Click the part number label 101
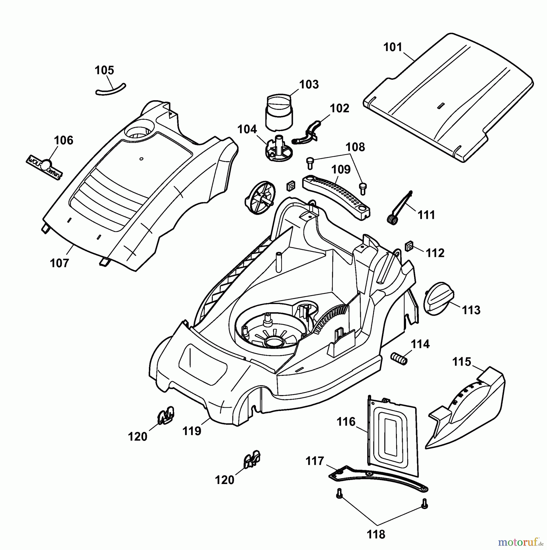(393, 47)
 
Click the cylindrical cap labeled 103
(279, 112)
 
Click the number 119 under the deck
(192, 431)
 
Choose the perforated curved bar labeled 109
(336, 196)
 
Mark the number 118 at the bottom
(376, 534)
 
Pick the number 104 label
(247, 129)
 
